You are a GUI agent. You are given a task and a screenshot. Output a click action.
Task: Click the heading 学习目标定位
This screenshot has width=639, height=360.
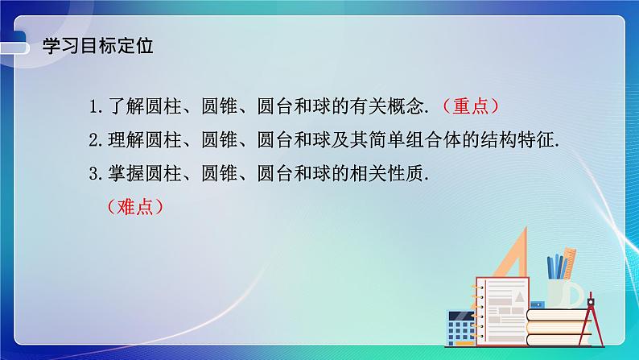(x=97, y=45)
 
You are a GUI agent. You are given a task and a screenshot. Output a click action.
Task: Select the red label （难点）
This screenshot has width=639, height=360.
(x=134, y=207)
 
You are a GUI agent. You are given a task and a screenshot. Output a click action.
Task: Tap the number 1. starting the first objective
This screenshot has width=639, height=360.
(x=97, y=106)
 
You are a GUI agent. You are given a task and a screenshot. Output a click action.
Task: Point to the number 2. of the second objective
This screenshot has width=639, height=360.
(x=97, y=140)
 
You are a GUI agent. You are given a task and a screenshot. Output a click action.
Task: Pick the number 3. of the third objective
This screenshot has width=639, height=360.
(x=97, y=174)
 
